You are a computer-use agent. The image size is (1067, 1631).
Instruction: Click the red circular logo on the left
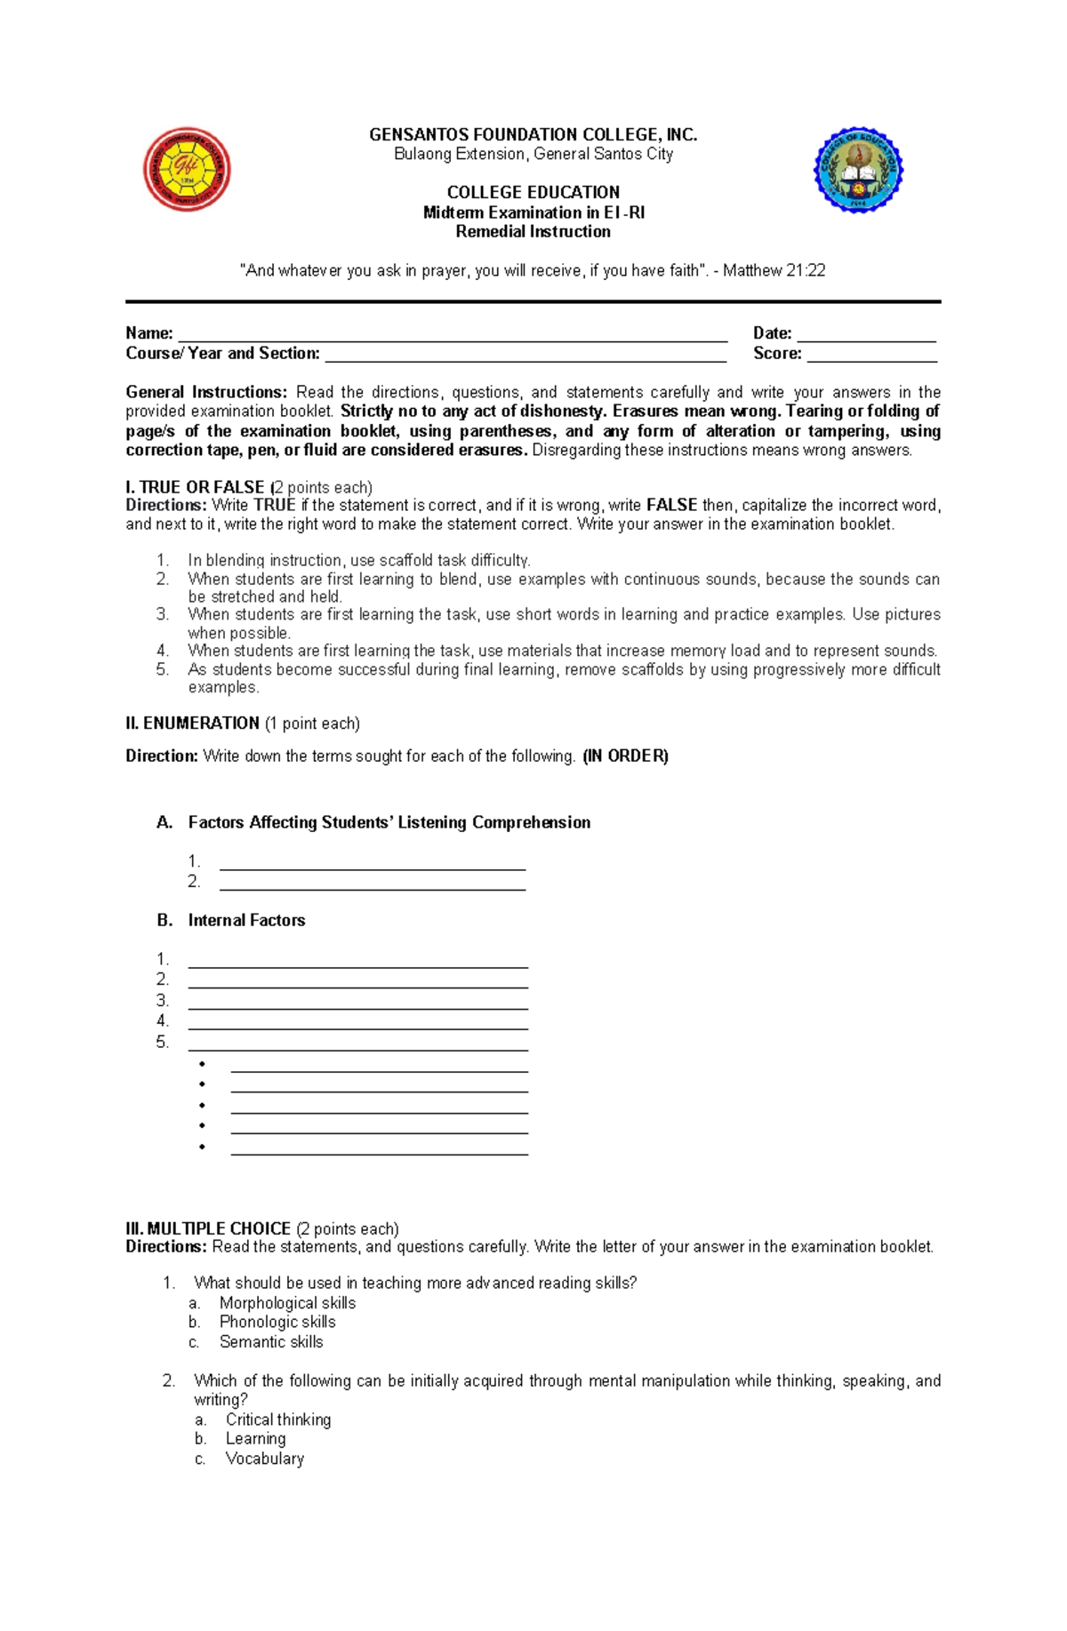pos(187,169)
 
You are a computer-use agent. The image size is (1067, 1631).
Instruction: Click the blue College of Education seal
pos(858,170)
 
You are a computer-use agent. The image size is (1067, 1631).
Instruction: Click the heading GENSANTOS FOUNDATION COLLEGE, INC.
pos(533,135)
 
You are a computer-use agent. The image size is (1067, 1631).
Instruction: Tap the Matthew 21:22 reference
pos(774,270)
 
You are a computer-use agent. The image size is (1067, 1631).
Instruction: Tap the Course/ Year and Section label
pos(222,354)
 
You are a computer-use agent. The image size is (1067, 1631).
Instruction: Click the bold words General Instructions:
pos(206,392)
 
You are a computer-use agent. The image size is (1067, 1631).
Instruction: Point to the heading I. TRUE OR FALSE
pos(195,487)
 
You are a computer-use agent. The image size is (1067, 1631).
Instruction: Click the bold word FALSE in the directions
pos(671,505)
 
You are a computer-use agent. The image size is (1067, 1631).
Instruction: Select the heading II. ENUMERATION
pos(192,724)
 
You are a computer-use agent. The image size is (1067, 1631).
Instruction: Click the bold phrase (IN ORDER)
pos(625,756)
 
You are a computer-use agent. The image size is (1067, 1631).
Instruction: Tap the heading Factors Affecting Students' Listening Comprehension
pos(389,822)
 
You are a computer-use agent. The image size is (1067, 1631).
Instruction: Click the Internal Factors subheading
pos(246,920)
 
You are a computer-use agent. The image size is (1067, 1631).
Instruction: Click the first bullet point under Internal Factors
pos(203,1064)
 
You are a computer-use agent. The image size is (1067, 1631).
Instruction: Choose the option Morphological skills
pos(287,1303)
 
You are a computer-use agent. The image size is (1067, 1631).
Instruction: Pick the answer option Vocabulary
pos(264,1459)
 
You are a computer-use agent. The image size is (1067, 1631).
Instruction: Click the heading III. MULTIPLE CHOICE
pos(208,1228)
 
